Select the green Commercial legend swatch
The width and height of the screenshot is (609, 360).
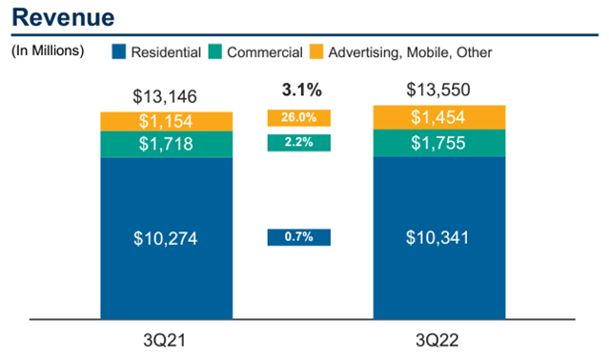tap(216, 51)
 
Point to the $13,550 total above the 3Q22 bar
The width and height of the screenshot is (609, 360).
tap(438, 91)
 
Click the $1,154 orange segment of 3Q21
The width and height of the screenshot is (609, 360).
tap(166, 121)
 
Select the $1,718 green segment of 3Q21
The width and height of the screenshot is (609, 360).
tap(166, 144)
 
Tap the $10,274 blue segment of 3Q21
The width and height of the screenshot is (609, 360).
tap(166, 237)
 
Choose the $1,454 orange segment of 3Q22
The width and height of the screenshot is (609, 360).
tap(438, 116)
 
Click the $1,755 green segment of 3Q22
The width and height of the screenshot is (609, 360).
tap(438, 142)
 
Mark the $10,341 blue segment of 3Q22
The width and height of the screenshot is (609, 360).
tap(438, 237)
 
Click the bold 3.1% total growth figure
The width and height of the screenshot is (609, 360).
tap(299, 92)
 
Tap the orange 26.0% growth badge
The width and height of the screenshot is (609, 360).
tap(299, 119)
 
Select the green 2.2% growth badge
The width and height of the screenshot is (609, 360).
tap(299, 142)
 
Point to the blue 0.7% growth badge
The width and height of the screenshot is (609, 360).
tap(299, 237)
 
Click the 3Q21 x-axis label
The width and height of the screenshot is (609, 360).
tap(166, 339)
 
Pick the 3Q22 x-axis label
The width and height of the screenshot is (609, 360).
tap(438, 339)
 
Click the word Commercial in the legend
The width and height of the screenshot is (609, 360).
tap(266, 51)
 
